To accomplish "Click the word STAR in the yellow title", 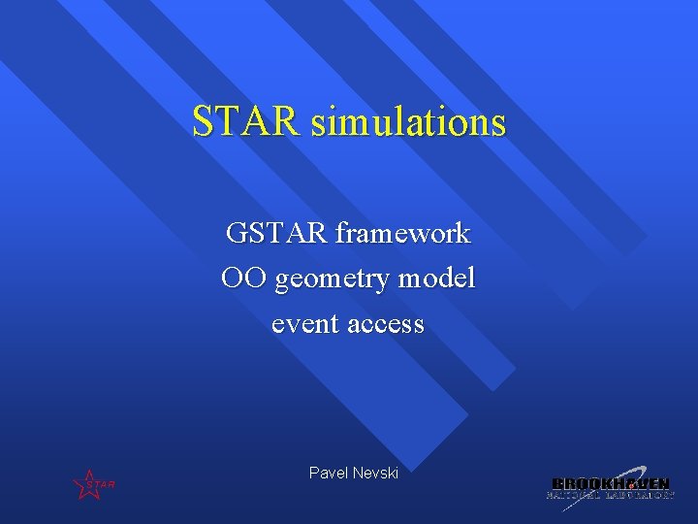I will point(246,122).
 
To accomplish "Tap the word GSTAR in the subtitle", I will point(277,233).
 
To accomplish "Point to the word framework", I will point(403,233).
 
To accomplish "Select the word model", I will point(439,278).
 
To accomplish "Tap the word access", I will point(385,323).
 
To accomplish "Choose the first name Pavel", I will point(327,473).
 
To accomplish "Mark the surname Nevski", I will point(375,473).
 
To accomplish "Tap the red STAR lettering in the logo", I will point(101,484).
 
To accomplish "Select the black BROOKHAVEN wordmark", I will point(610,483).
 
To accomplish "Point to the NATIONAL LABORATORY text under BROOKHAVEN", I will point(610,495).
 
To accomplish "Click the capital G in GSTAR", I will point(237,233).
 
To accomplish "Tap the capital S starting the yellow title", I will point(202,122).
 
